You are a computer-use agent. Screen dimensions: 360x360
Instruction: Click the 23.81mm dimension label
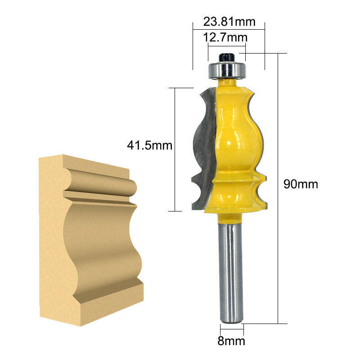[229, 22]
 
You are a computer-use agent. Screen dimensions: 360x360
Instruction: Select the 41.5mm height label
[150, 145]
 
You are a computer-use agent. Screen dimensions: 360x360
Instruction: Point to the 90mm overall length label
[301, 184]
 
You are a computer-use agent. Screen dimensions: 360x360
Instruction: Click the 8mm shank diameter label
[231, 341]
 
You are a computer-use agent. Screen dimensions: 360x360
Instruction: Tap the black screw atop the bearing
[226, 58]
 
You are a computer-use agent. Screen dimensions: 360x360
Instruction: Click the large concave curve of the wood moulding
[99, 238]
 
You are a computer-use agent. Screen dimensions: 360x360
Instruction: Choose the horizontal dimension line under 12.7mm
[227, 45]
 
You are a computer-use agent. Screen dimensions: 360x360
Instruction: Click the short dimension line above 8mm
[231, 330]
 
